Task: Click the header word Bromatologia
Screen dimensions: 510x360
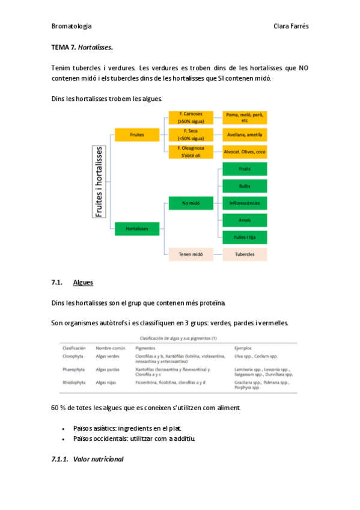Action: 72,26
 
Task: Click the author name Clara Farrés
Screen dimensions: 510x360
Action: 291,26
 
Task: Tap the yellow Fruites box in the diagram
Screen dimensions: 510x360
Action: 137,135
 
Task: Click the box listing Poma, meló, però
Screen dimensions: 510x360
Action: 245,117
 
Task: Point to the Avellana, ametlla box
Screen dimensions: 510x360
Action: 245,135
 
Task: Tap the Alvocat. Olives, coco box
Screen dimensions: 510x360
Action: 245,152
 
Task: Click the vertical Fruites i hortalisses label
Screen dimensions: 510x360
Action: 100,181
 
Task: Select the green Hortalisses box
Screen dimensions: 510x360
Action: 137,229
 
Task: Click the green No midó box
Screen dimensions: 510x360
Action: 191,203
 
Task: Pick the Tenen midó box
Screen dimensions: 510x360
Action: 191,254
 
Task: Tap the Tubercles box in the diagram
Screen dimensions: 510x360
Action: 245,254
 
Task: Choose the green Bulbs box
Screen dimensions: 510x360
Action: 245,186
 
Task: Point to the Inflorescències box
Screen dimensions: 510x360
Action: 245,203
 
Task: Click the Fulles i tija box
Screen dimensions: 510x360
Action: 245,237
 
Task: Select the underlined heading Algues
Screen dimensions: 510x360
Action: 83,282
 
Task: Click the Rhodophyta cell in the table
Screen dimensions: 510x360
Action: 73,382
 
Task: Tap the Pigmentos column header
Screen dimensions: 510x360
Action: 145,348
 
